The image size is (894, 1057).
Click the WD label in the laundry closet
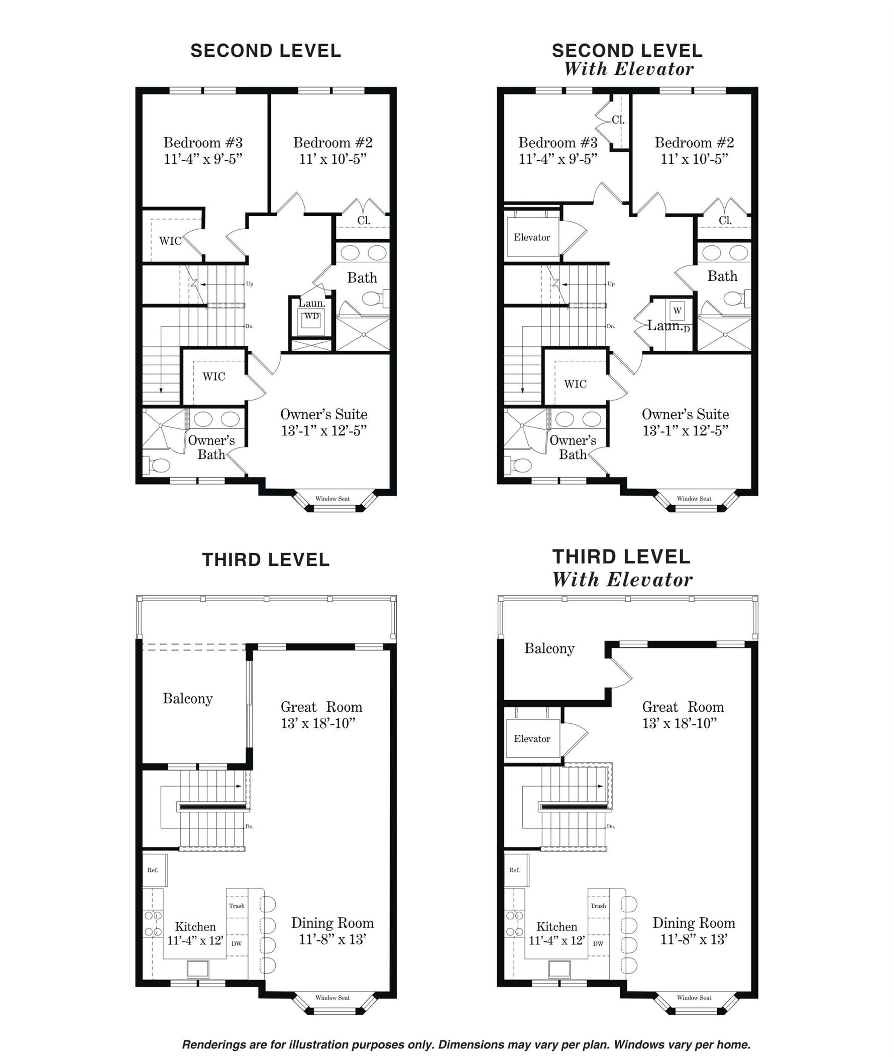tap(312, 317)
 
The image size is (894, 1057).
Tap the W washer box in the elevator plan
tap(677, 311)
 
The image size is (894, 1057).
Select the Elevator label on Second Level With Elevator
tap(532, 237)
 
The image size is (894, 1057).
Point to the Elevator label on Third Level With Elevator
tap(532, 739)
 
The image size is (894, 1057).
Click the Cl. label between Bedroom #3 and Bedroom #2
tap(618, 120)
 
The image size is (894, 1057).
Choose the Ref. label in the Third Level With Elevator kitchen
tap(514, 870)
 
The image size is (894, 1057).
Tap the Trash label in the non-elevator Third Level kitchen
tap(237, 906)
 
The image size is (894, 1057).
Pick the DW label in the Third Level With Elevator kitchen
tap(598, 943)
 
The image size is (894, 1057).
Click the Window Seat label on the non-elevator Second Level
tap(332, 499)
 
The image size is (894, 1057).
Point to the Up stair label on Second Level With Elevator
tap(611, 284)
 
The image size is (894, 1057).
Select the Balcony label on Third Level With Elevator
tap(549, 649)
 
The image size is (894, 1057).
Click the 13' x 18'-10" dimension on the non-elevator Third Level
tap(318, 723)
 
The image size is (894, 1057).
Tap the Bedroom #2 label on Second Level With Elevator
tap(694, 143)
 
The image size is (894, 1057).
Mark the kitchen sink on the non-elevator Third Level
tap(198, 969)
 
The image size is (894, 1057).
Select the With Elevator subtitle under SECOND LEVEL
tap(629, 69)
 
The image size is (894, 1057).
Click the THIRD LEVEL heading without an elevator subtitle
tap(266, 560)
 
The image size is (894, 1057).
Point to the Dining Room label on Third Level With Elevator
tap(694, 923)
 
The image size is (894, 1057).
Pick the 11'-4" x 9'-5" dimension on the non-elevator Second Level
tap(203, 159)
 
